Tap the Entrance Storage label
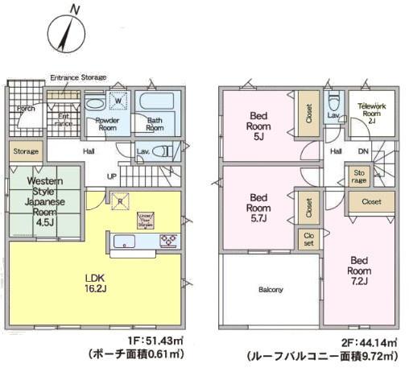[78, 77]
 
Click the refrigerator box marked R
[119, 202]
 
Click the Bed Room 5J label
[258, 125]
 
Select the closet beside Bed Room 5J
[307, 116]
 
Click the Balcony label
[270, 289]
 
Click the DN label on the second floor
[363, 151]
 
